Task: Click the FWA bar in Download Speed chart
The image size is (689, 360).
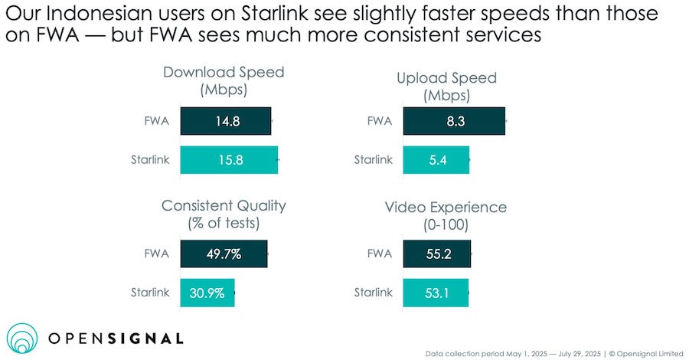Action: [226, 122]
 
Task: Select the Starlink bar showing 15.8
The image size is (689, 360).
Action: [229, 160]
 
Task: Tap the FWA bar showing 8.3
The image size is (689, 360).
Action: [454, 122]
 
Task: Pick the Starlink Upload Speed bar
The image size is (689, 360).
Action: [436, 160]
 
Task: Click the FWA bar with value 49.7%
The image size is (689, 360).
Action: [224, 254]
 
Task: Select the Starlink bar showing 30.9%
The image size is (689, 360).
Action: [207, 293]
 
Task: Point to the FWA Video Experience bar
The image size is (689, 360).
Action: [436, 254]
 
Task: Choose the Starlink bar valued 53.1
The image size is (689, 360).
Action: [436, 293]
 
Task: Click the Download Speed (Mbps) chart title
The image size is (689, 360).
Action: [224, 81]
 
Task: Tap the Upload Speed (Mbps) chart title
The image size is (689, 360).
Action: [447, 87]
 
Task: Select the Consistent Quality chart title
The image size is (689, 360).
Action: [224, 214]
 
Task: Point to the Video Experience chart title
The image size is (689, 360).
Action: [446, 215]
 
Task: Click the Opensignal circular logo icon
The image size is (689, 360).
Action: [23, 338]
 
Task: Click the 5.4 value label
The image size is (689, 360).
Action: [436, 160]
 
